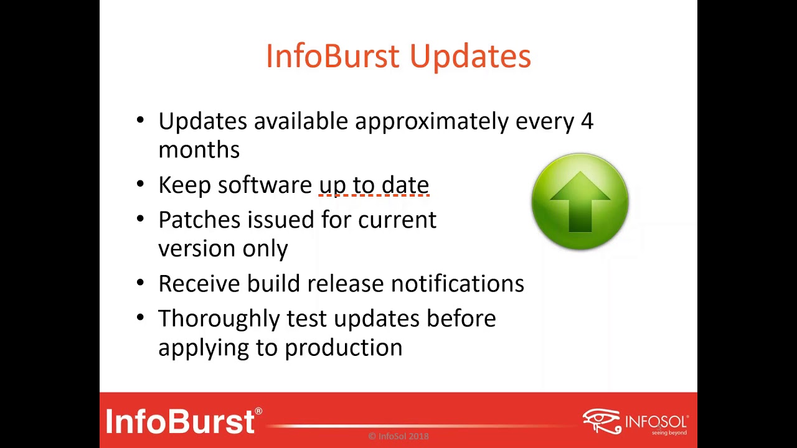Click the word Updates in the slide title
coord(470,57)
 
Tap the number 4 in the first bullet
coord(587,121)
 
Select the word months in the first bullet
coord(199,150)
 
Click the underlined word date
coord(405,185)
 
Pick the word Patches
coord(199,220)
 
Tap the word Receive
coord(199,284)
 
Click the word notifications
coord(457,284)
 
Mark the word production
coord(343,348)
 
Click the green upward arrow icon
coord(580,202)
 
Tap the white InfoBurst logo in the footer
coord(180,421)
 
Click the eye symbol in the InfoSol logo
coord(601,420)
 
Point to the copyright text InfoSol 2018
coord(398,436)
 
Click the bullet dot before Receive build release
coord(140,283)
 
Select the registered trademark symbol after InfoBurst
coord(258,412)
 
